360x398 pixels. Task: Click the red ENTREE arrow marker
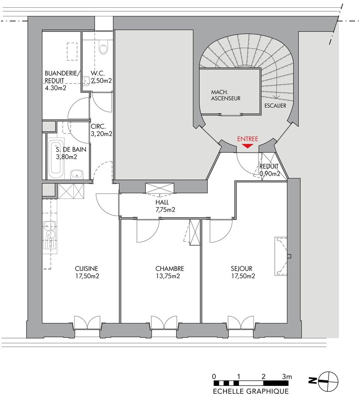(247, 146)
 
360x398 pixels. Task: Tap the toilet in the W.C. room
(103, 48)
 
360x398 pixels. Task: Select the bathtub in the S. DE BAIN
(56, 159)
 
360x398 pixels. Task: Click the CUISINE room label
(86, 269)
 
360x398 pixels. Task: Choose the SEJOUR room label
(241, 269)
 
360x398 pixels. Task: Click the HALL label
(162, 202)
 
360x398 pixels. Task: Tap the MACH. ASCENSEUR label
(226, 95)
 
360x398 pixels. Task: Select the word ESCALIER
(275, 106)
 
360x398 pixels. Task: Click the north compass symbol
(329, 381)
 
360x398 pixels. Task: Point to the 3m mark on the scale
(287, 377)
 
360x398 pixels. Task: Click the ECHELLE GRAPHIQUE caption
(251, 391)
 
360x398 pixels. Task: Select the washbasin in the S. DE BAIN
(77, 175)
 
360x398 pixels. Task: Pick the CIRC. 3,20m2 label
(101, 130)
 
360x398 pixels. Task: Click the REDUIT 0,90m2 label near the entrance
(270, 170)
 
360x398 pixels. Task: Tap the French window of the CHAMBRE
(164, 323)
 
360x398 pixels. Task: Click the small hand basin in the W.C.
(87, 81)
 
